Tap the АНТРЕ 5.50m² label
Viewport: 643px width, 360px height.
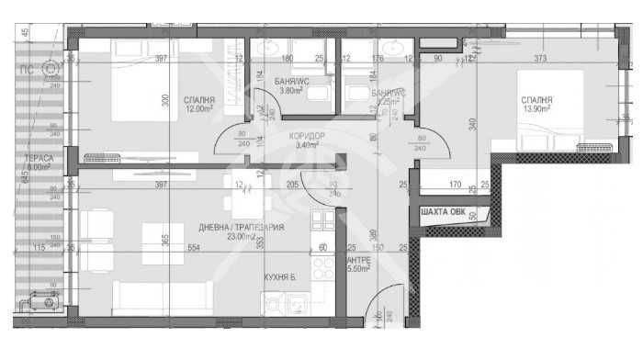358,264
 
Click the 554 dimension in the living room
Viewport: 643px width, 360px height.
194,248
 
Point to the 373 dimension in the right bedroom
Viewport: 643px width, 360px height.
540,60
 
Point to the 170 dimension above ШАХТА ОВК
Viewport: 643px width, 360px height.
454,186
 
